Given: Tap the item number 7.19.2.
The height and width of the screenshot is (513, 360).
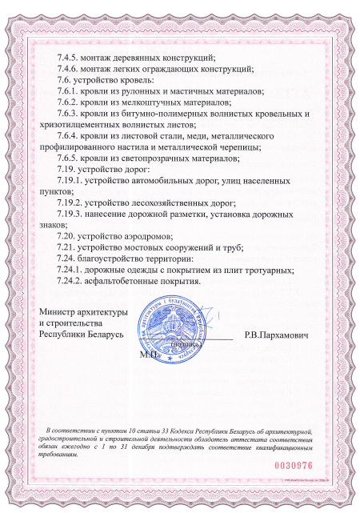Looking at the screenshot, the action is pos(66,203).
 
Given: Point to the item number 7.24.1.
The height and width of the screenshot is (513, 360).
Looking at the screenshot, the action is pos(66,270).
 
